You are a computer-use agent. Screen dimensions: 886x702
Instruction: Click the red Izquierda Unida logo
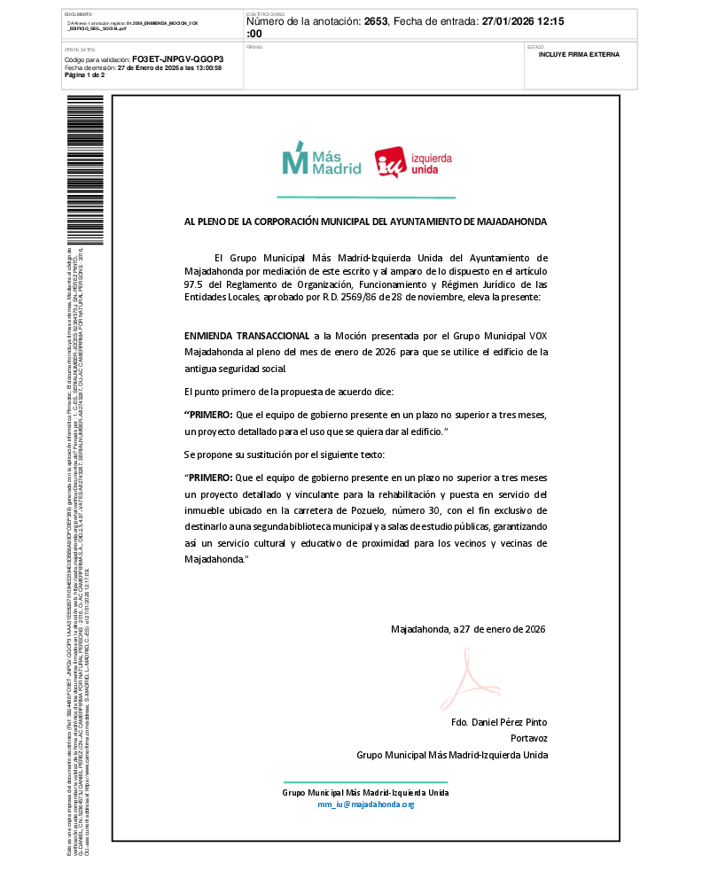pos(413,162)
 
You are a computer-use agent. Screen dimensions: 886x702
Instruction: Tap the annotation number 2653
pos(378,19)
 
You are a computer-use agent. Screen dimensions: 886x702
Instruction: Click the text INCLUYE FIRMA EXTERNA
pos(579,54)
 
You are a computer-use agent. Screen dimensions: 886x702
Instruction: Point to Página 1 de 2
pos(84,75)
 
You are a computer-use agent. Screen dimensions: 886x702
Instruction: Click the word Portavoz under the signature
pos(529,739)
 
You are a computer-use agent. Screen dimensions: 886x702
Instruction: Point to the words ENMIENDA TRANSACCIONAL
pos(246,337)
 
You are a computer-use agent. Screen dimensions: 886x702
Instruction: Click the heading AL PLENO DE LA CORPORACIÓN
pos(365,221)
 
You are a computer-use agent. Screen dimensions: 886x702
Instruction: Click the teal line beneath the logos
pos(365,197)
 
